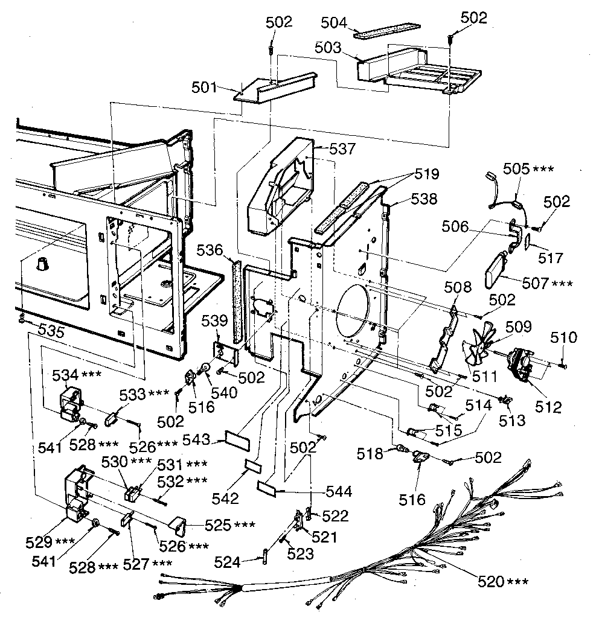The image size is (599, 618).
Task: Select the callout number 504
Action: click(335, 24)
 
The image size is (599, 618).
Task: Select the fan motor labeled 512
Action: click(519, 365)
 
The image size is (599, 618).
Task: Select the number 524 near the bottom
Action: click(227, 562)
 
